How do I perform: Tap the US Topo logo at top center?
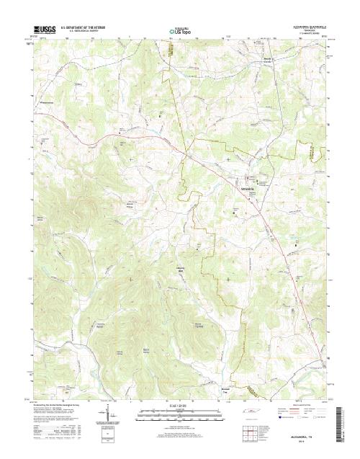(x=180, y=32)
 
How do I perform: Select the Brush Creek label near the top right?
(x=266, y=59)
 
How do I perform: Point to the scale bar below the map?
(x=180, y=413)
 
